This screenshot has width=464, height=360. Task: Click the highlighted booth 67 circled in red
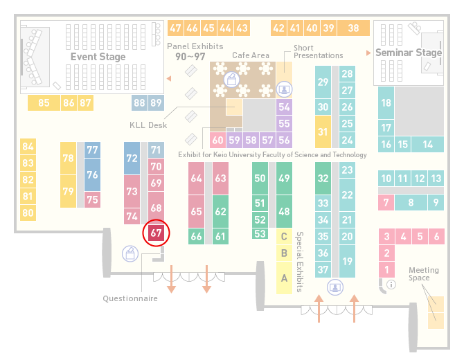point(156,233)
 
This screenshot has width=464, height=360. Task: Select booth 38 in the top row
point(354,28)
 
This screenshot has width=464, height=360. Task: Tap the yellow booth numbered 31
point(323,132)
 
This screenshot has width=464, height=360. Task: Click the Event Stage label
point(98,57)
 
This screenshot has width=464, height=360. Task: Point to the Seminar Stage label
point(409,53)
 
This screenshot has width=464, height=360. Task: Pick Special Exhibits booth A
point(284,278)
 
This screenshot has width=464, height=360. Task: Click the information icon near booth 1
point(391,285)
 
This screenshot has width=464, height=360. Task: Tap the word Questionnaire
point(130,298)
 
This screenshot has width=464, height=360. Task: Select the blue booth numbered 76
point(92,174)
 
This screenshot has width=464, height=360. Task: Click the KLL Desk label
point(148,125)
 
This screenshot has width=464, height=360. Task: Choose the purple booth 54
point(284,107)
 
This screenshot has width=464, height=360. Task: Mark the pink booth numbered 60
point(217,140)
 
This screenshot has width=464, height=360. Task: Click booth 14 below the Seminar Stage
point(427,145)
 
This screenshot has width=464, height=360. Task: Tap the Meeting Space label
point(424,273)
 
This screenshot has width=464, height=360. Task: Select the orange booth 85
point(44,102)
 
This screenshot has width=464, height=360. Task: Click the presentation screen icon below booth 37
point(335,287)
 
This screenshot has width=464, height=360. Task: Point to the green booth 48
point(284,211)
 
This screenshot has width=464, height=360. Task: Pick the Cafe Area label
point(251,55)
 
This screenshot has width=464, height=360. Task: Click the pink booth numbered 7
point(386,203)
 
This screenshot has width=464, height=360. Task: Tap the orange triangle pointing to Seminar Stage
point(368,53)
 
